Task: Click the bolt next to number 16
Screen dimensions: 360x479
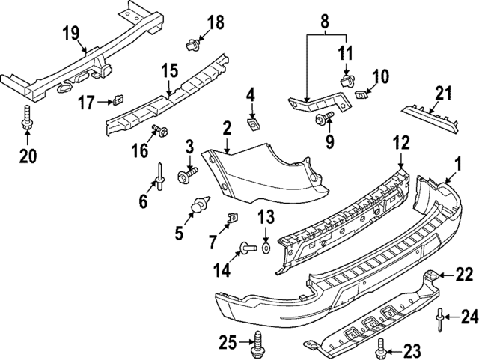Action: pos(159,132)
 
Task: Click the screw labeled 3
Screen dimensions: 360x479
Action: pos(186,176)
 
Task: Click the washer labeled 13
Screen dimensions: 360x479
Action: pos(266,246)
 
